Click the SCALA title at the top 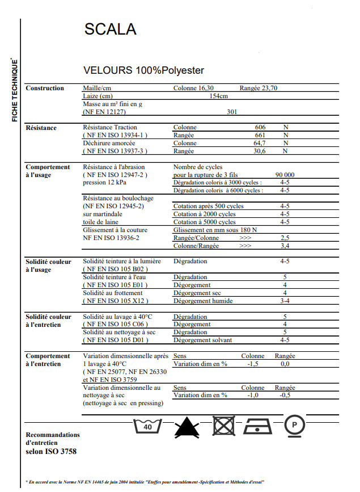(x=110, y=30)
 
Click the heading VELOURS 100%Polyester (x=143, y=71)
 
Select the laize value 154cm (x=219, y=96)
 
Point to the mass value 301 (x=231, y=112)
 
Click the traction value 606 (x=260, y=128)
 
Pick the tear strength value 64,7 (x=260, y=144)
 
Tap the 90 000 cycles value (x=285, y=175)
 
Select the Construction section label (x=45, y=89)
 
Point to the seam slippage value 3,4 (x=285, y=246)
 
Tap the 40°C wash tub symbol (x=147, y=426)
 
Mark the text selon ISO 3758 (x=51, y=452)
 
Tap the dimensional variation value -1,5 (x=253, y=364)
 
